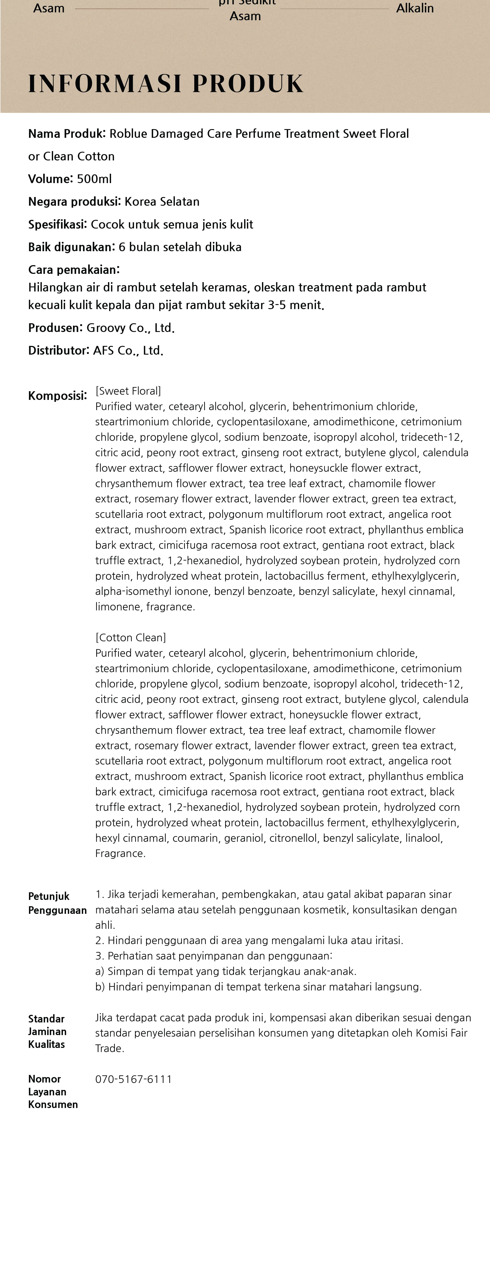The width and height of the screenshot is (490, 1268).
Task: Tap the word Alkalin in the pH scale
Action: click(x=415, y=8)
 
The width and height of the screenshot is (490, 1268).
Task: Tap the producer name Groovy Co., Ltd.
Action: click(x=130, y=328)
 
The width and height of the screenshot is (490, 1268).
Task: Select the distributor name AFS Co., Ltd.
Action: click(x=128, y=350)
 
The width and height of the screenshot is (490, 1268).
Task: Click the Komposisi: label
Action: click(x=57, y=396)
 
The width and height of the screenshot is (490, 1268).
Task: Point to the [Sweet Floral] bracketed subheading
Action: click(x=128, y=391)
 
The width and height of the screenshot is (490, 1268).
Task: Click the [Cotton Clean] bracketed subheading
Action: click(x=130, y=637)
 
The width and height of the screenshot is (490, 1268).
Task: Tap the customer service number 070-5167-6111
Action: click(x=133, y=1079)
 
